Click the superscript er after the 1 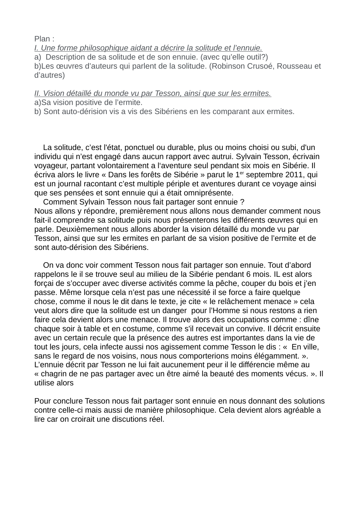coord(242,173)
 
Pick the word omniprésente coord(210,193)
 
